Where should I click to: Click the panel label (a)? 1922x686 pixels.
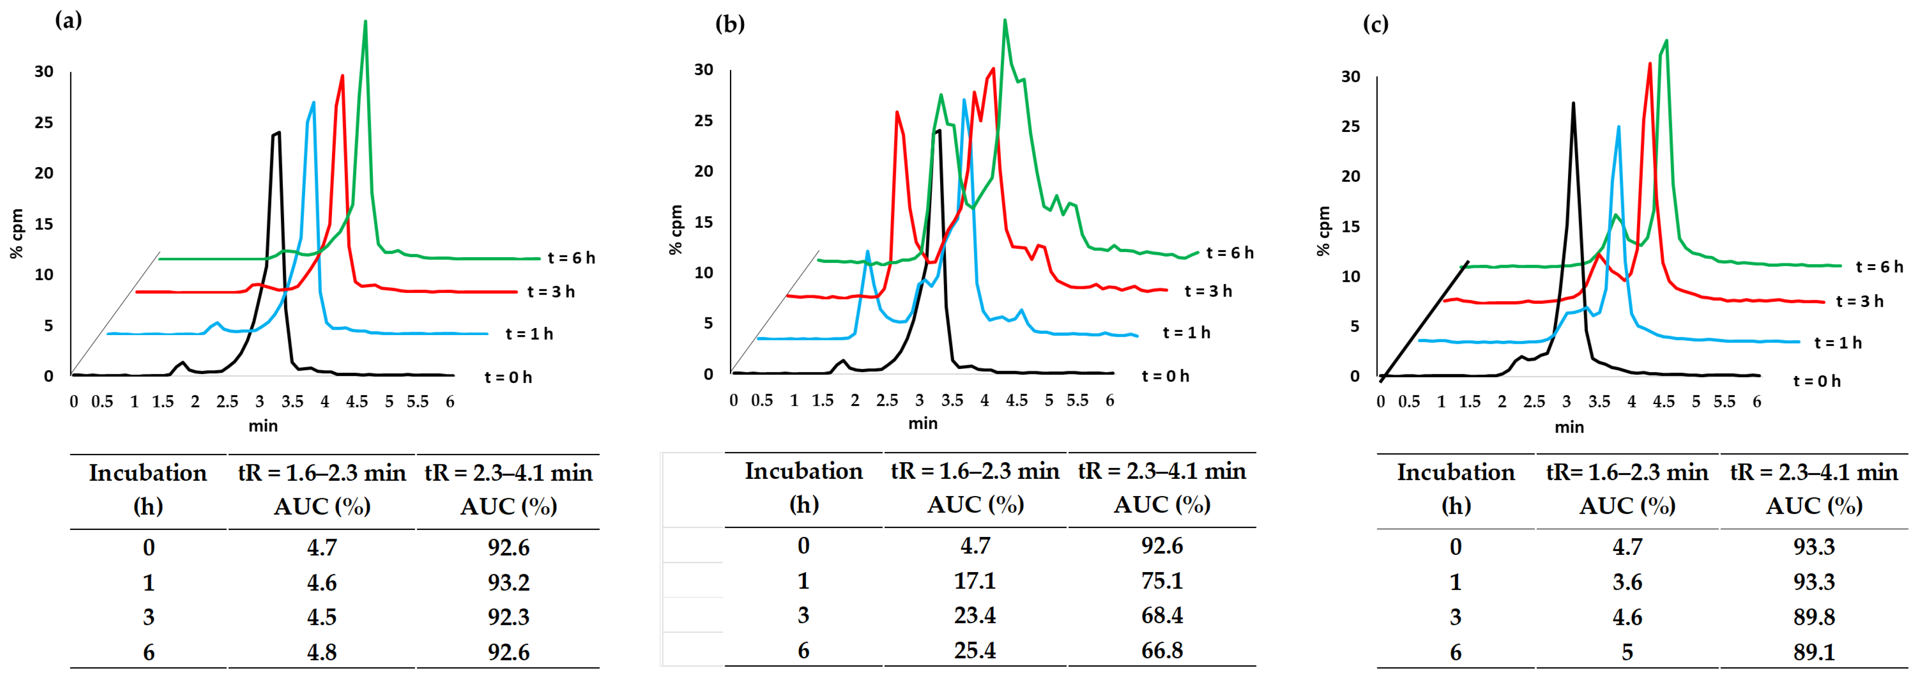tap(69, 20)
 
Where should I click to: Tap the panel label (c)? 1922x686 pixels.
tap(1375, 24)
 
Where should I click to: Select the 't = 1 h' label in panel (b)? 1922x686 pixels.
tap(1186, 333)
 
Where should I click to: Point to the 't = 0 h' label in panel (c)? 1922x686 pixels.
tap(1817, 381)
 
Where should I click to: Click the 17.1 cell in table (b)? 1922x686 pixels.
tap(974, 581)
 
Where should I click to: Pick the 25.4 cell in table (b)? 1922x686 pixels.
tap(974, 650)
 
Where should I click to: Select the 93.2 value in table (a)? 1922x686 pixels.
tap(508, 582)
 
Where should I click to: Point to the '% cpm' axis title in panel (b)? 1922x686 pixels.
tap(676, 230)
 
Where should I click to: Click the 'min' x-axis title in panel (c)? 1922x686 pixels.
tap(1568, 427)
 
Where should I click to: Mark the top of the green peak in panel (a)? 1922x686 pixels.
tap(365, 21)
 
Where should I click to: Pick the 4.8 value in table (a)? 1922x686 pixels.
tap(321, 653)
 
